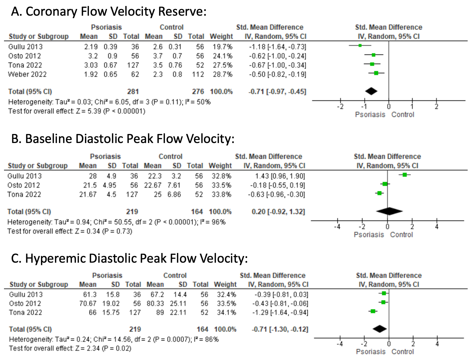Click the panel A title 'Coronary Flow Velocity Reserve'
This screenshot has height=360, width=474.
coord(109,12)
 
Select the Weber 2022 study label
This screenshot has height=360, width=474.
coord(27,74)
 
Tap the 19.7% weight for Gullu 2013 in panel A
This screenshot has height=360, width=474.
coord(222,47)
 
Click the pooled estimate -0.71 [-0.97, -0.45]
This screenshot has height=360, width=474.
coord(277,92)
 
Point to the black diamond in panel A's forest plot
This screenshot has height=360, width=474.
coord(371,91)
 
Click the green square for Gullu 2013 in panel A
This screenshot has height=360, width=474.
coord(360,45)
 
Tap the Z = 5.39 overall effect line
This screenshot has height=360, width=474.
coord(77,111)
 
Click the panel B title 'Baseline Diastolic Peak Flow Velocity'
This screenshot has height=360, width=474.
coord(123,139)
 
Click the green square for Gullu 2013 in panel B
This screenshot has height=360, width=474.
coord(405,175)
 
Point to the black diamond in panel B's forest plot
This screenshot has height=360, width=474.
coord(389,211)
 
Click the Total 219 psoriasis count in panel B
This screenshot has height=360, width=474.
coord(132,212)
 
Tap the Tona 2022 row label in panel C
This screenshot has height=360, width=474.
coord(25,313)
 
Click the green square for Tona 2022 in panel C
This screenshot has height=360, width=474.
coord(373,311)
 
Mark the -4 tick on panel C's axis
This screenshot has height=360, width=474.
coord(340,343)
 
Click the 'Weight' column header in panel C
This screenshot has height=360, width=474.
coord(225,285)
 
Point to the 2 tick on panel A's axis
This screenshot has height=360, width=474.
coord(436,107)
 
